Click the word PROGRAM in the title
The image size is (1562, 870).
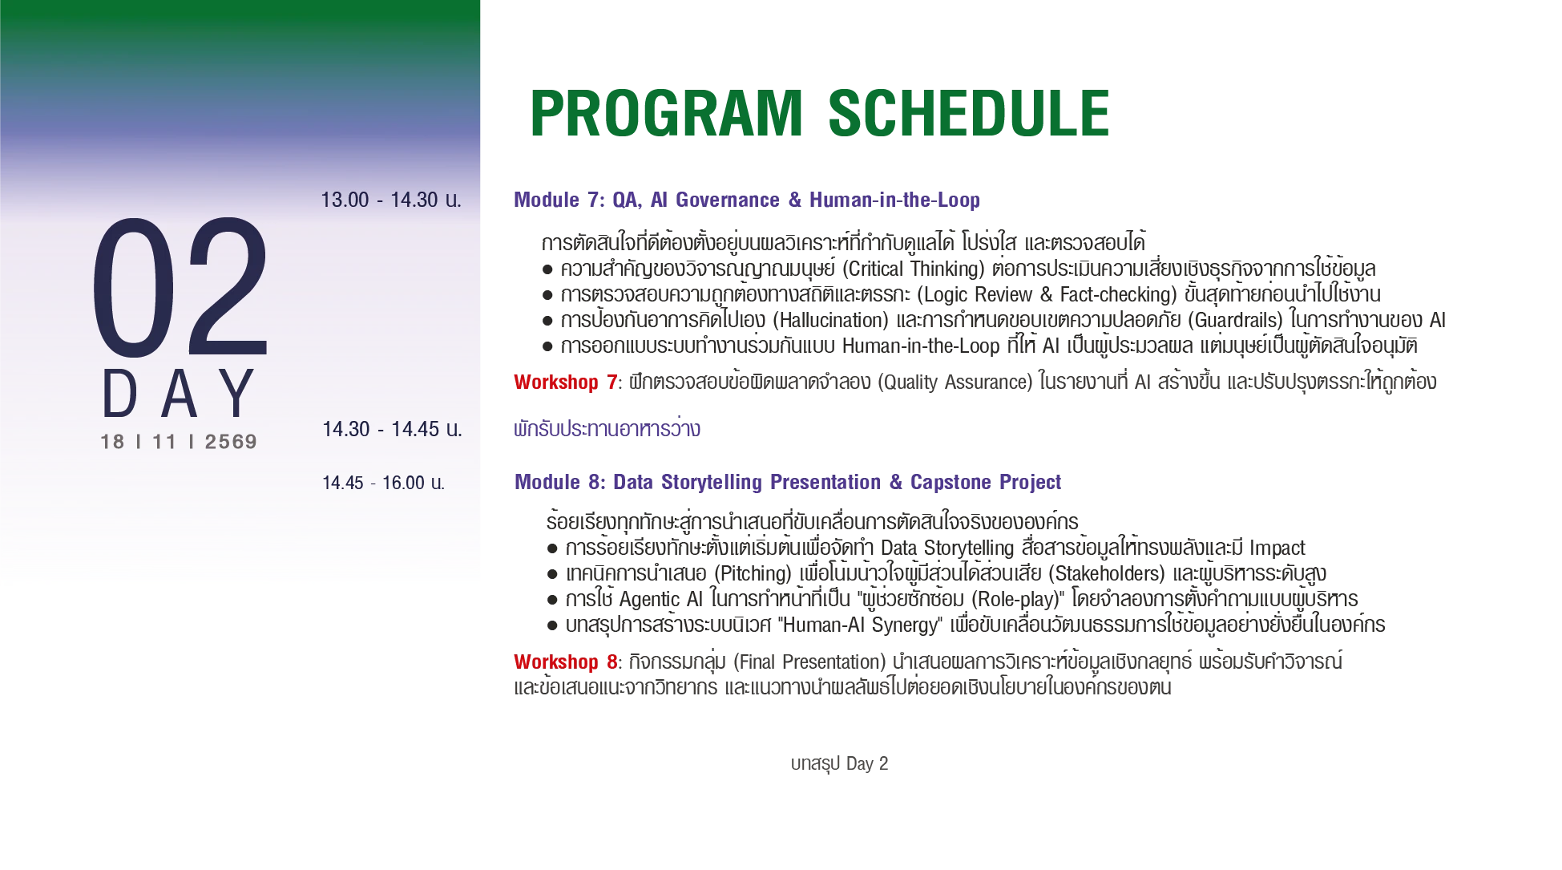(x=666, y=113)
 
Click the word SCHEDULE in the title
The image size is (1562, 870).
(x=968, y=113)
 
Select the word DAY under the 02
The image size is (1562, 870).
(x=179, y=394)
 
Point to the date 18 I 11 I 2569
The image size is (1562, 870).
(x=179, y=442)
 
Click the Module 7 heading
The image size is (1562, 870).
(x=747, y=200)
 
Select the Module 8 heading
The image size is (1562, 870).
(x=788, y=482)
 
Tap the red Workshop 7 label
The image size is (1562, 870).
(x=566, y=382)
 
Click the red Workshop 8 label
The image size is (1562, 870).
(x=566, y=662)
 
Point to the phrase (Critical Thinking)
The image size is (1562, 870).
(x=914, y=269)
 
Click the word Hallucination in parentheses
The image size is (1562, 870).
(x=830, y=321)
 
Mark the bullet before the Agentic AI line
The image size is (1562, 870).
(x=552, y=600)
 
